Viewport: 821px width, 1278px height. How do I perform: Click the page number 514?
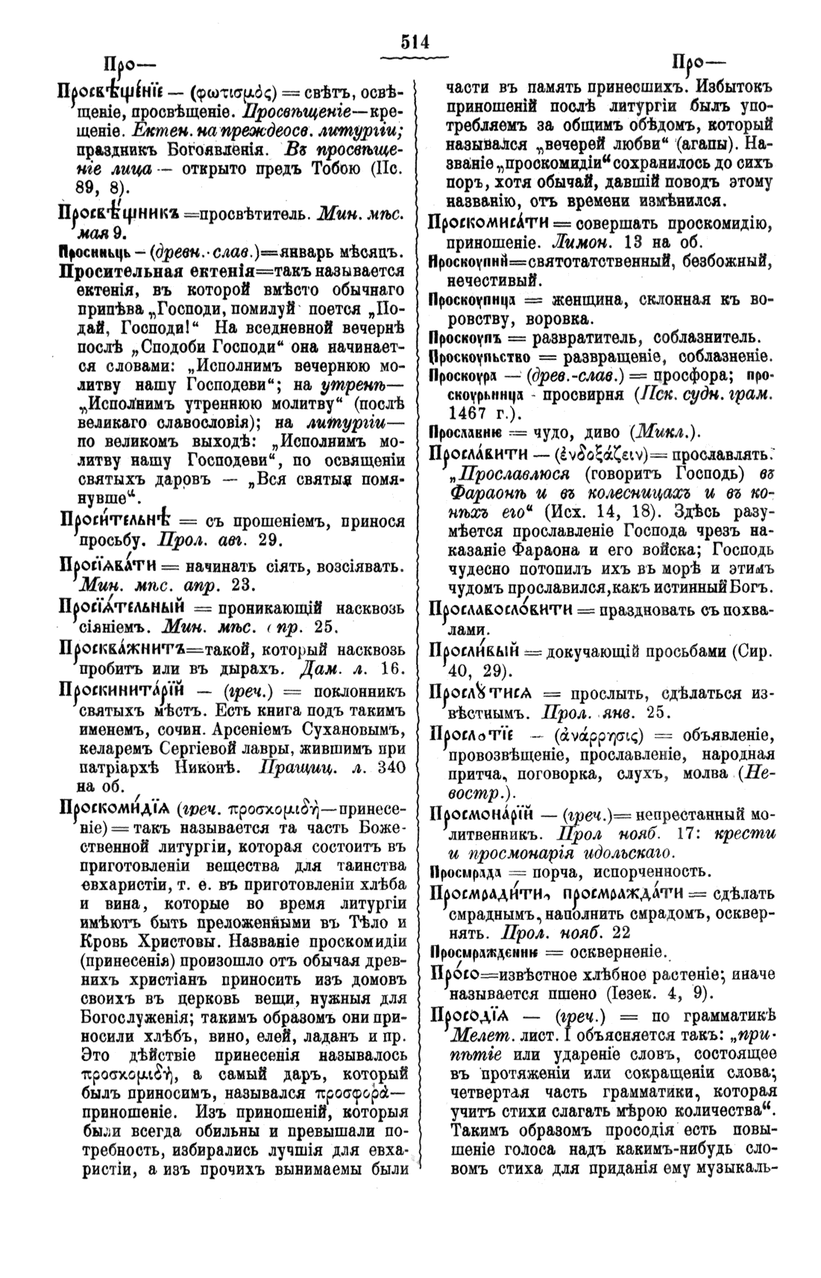tap(415, 42)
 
